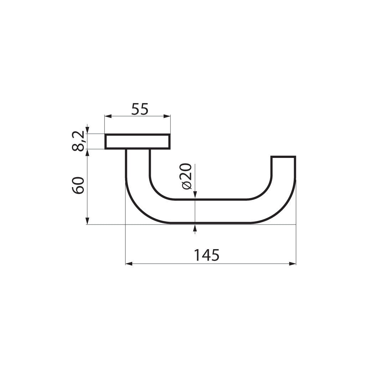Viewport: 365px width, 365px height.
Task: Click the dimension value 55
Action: click(x=139, y=109)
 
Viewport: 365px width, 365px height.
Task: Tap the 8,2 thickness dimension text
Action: click(x=78, y=141)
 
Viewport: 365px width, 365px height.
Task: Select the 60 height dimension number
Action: click(x=78, y=185)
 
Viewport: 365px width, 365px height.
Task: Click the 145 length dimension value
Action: click(x=206, y=255)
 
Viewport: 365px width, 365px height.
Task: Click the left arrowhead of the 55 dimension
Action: click(x=107, y=116)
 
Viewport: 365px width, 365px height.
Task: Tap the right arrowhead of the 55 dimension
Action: click(x=167, y=116)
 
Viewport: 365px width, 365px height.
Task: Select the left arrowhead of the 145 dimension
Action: click(x=129, y=264)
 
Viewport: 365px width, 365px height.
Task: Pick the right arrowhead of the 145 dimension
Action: click(x=293, y=264)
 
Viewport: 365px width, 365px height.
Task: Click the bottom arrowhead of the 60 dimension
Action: click(x=87, y=221)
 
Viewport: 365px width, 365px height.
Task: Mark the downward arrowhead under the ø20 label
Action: click(x=195, y=194)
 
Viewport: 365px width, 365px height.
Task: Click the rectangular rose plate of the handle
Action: click(x=137, y=142)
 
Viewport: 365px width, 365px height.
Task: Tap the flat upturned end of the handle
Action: click(x=283, y=157)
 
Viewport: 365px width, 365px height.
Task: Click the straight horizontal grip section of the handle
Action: click(x=210, y=211)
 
